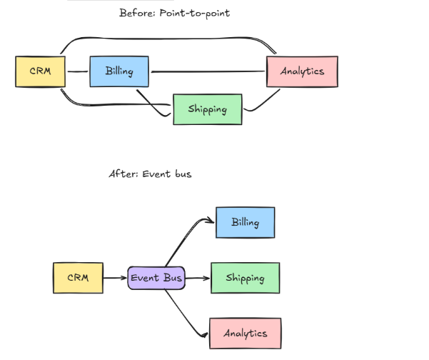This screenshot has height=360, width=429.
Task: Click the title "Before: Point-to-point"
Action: [x=174, y=13]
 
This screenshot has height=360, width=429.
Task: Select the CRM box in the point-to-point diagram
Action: [x=41, y=71]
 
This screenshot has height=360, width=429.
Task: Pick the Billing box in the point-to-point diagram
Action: [x=120, y=71]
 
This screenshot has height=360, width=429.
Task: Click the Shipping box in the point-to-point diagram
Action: [x=208, y=109]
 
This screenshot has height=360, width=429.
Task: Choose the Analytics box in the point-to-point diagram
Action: [x=302, y=71]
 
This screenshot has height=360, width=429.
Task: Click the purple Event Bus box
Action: [x=156, y=277]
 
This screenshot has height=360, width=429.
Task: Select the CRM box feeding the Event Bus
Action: [x=78, y=277]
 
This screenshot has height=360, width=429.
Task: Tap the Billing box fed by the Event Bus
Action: [x=245, y=222]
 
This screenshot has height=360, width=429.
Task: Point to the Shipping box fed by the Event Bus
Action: [x=245, y=278]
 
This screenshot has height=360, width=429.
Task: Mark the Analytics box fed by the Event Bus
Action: [x=245, y=333]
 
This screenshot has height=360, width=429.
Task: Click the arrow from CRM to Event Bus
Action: [x=115, y=277]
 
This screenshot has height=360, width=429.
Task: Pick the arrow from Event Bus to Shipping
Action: [x=198, y=278]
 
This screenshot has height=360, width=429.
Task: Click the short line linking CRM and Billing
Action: [x=77, y=71]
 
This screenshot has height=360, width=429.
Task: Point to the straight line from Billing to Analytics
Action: [x=208, y=71]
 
